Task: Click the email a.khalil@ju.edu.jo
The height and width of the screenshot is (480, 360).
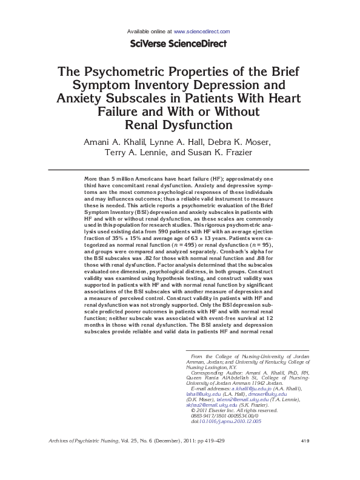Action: click(250, 387)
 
